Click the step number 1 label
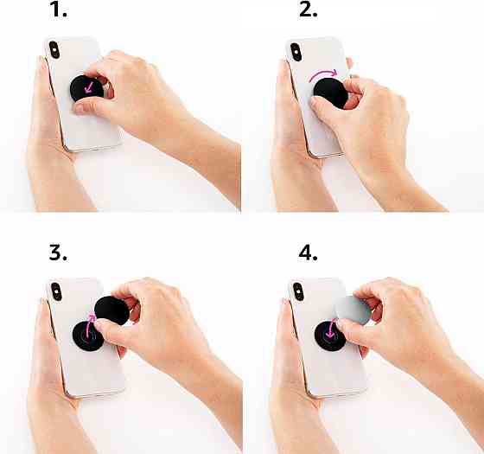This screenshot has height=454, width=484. click(x=58, y=10)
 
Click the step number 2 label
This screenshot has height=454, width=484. click(x=308, y=10)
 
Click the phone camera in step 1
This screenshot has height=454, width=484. click(x=54, y=50)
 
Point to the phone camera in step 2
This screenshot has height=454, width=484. click(x=296, y=52)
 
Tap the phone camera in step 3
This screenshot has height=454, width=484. click(x=56, y=291)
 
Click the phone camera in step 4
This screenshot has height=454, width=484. click(x=298, y=291)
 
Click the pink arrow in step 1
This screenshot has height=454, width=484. click(x=90, y=87)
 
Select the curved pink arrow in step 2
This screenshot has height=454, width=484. click(x=323, y=74)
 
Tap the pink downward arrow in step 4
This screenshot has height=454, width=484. click(x=331, y=329)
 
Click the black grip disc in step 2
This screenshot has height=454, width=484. click(x=330, y=93)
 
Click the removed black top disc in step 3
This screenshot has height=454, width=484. click(x=111, y=310)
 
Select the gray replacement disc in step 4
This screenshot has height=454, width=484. click(x=353, y=310)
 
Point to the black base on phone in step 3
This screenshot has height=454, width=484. click(x=88, y=336)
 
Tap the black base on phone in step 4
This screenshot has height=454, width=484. click(x=329, y=336)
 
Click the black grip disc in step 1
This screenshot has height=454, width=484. click(x=87, y=88)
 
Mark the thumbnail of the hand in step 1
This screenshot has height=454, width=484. click(x=79, y=108)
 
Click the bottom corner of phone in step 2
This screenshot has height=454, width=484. click(x=315, y=156)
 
